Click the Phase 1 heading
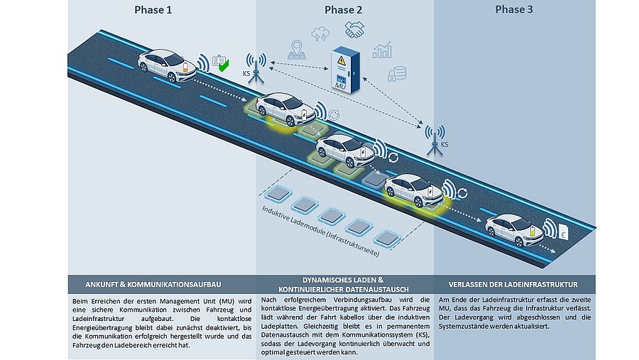pos(153,10)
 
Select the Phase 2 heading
pos(343,10)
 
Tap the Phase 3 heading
pos(514,9)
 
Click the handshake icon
pos(354,30)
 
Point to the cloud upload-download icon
pos(321,34)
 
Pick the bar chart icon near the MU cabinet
pos(382,50)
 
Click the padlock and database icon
pos(397,74)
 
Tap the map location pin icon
pos(297,50)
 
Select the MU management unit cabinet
pos(345,70)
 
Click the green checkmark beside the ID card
pos(224,65)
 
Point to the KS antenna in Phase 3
pos(435,140)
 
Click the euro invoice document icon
pos(564,232)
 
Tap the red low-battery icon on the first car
pos(185,67)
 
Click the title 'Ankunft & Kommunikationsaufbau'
pos(153,285)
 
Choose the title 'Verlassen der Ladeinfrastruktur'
pos(513,285)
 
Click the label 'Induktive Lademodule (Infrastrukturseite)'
pos(321,231)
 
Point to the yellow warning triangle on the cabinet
pos(342,61)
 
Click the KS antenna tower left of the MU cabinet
pos(256,68)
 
